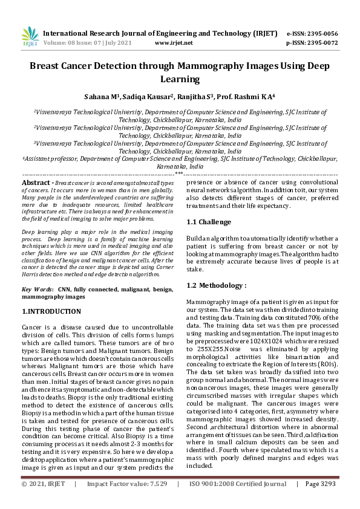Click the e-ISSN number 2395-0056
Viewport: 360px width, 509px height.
coord(321,33)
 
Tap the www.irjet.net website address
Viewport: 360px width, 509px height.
coord(174,43)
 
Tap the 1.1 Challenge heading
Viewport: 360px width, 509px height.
coord(209,222)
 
